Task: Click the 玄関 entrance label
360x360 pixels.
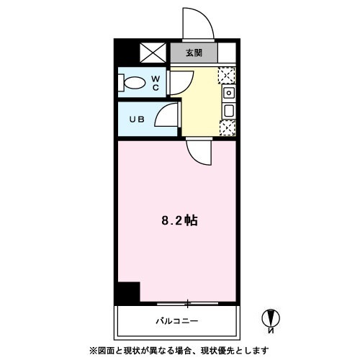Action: point(193,53)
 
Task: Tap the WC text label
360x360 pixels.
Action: point(155,84)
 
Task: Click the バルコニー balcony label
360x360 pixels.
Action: point(176,320)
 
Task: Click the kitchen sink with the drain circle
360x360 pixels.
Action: point(228,93)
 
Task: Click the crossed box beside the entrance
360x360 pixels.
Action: point(153,53)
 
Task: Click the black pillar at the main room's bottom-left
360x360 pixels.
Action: point(127,292)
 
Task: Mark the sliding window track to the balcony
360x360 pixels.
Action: point(188,302)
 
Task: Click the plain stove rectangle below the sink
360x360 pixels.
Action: point(228,111)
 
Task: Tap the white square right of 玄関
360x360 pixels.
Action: point(227,53)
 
